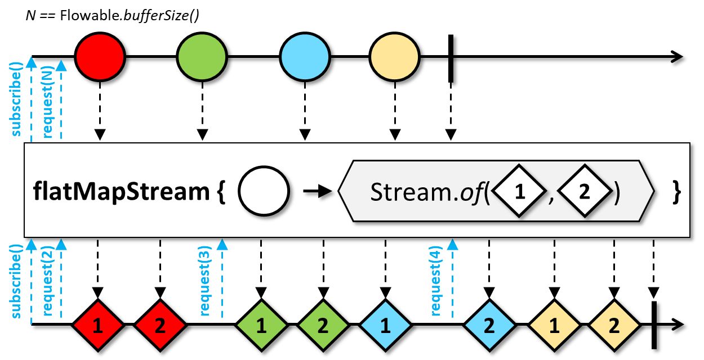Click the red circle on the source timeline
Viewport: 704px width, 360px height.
(100, 56)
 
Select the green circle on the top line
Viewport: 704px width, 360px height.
(202, 56)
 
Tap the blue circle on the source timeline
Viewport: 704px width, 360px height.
(305, 56)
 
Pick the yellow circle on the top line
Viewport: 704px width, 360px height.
(395, 56)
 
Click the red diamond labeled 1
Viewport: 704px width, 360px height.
(98, 325)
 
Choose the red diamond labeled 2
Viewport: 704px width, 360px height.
(160, 325)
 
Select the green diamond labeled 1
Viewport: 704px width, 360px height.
(261, 325)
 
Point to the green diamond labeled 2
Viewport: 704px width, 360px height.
(323, 325)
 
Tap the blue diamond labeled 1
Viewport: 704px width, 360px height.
(385, 325)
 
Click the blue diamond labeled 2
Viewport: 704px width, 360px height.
(489, 325)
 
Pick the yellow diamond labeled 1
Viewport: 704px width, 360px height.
(554, 325)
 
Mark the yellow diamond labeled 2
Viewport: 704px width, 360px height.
(614, 325)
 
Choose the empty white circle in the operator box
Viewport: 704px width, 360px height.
(264, 191)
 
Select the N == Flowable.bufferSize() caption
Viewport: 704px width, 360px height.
(113, 15)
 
